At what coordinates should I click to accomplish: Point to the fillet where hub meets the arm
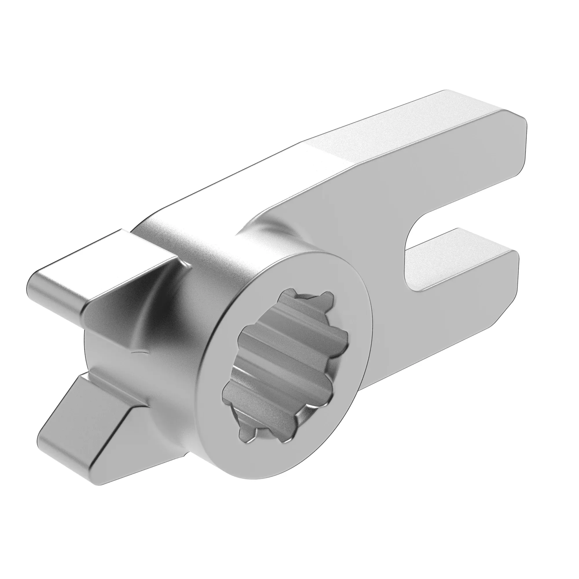click(x=264, y=228)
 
